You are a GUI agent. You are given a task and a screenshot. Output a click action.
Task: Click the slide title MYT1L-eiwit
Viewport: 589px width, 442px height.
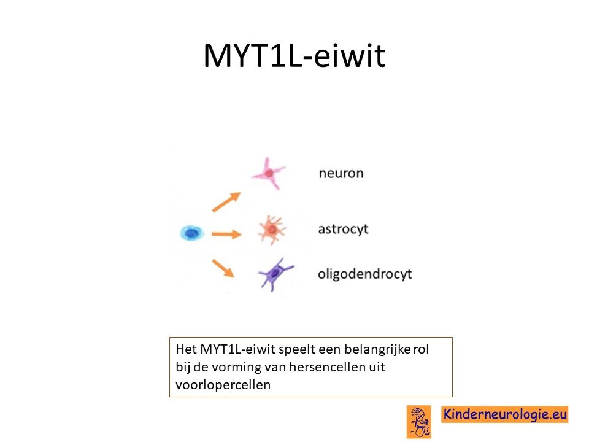294,55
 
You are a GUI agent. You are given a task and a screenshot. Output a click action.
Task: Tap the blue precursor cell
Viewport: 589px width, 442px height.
192,233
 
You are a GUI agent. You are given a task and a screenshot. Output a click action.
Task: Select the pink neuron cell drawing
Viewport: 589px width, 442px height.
268,173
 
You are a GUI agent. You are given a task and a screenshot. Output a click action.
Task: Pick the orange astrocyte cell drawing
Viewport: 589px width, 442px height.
272,230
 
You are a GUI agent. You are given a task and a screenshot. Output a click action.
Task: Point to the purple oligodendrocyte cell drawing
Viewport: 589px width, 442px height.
275,274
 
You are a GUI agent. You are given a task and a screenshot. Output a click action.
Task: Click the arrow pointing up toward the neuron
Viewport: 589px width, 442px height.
226,202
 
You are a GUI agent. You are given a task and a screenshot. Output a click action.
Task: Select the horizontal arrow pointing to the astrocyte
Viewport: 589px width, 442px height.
226,235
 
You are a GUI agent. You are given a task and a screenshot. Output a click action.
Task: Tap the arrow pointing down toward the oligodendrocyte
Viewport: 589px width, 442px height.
223,268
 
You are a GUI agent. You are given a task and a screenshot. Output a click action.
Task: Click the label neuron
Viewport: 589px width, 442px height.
341,173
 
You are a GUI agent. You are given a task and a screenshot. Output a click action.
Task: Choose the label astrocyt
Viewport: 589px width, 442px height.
343,229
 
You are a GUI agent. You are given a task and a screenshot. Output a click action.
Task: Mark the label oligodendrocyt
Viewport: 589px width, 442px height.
364,274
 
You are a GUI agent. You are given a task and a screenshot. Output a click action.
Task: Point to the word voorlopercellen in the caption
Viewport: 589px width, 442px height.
223,385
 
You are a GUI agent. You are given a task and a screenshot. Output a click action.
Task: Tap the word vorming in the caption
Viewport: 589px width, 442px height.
237,367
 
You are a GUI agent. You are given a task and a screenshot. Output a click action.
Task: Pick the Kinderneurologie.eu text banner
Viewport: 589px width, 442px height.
504,414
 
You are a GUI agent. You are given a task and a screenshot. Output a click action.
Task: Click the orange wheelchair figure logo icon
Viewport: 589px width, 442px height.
419,422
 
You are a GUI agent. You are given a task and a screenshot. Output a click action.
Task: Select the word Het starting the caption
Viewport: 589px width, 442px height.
187,349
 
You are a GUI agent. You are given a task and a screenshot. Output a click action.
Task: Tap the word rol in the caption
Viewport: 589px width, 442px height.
421,349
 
